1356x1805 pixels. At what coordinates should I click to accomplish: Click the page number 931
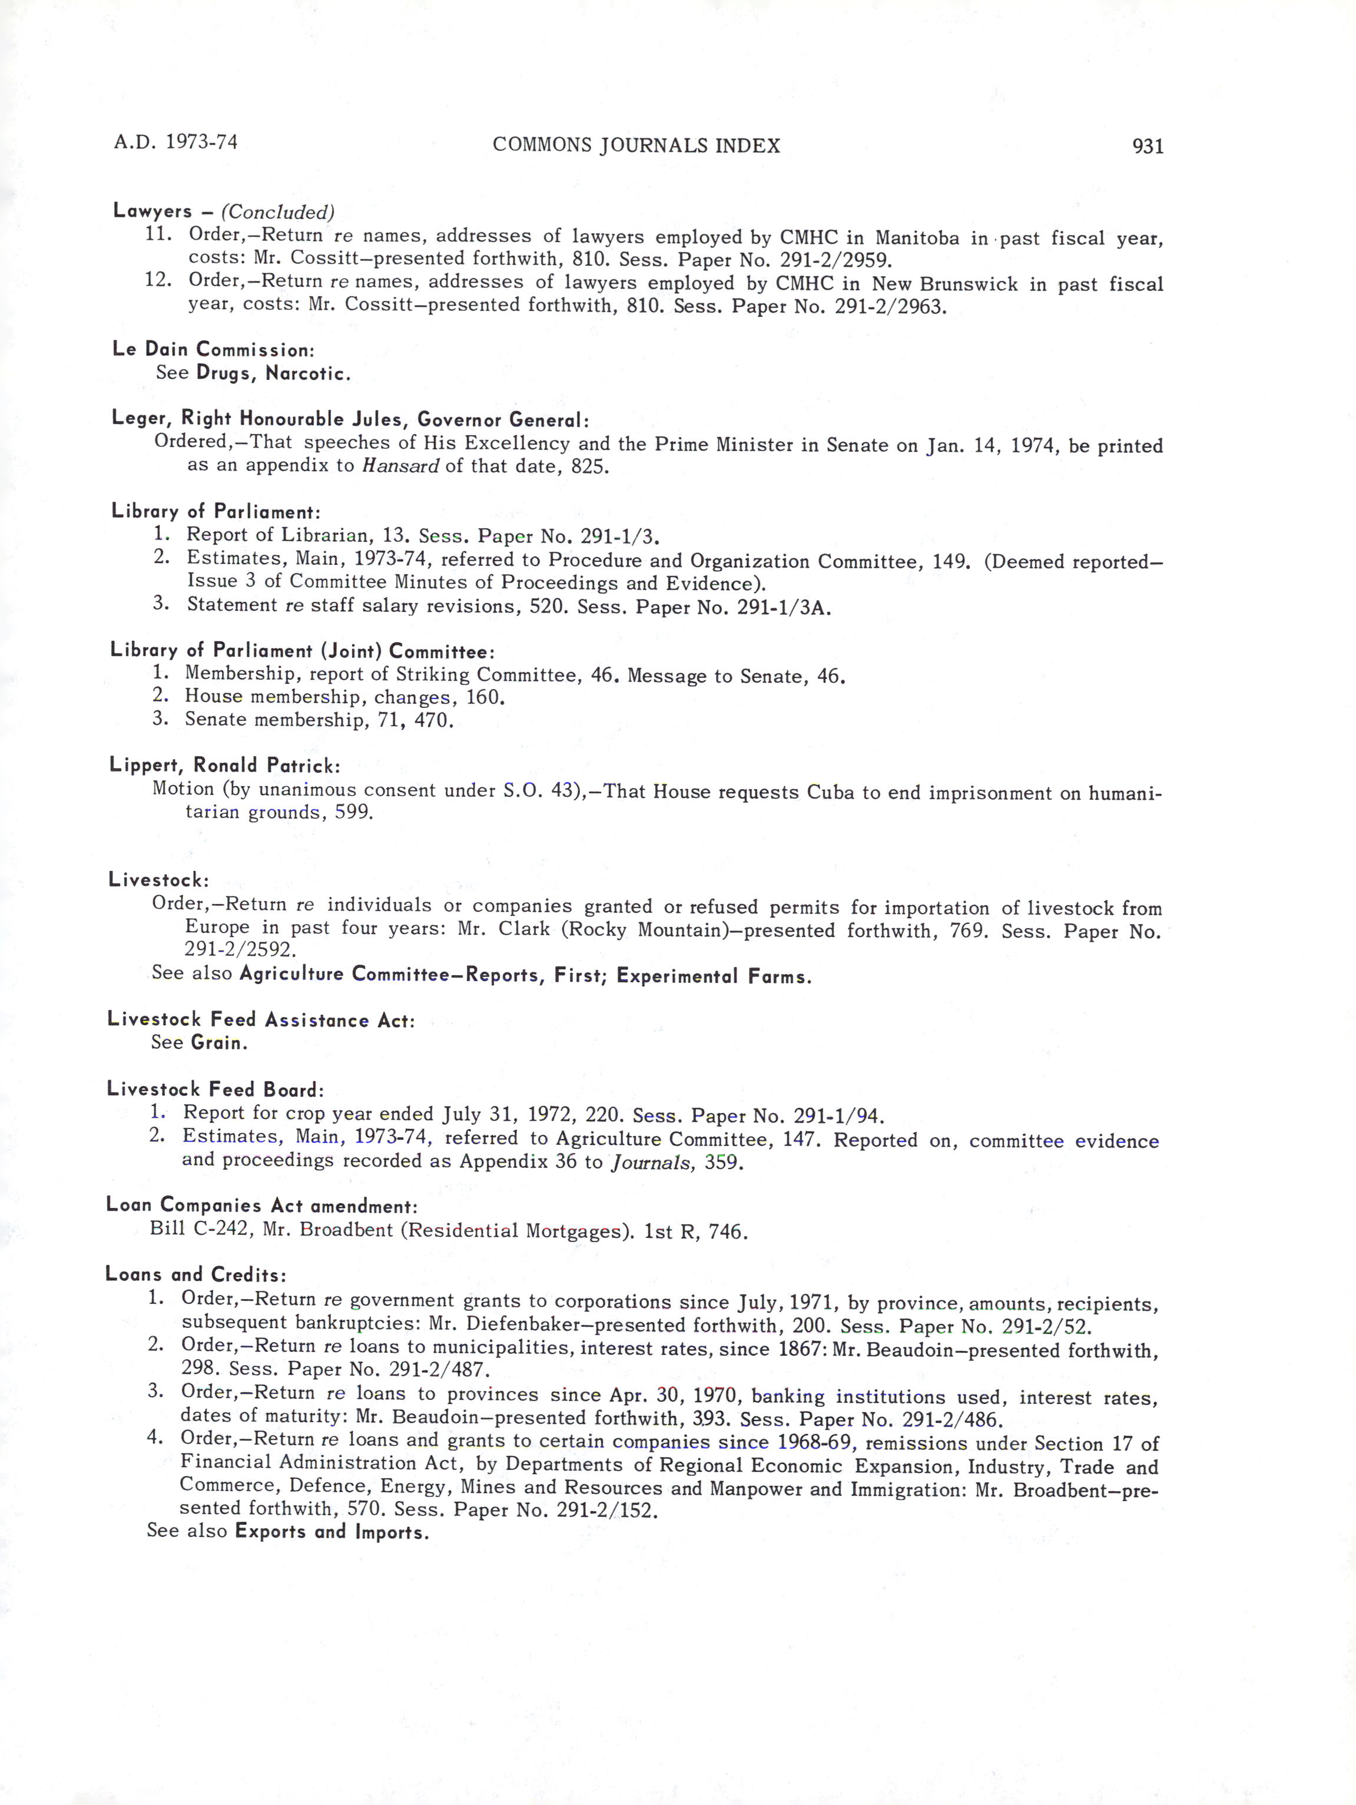1147,146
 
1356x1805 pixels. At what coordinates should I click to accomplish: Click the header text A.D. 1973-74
175,142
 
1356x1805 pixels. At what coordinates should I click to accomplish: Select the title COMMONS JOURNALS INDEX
636,145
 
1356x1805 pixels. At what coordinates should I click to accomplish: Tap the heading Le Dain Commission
213,349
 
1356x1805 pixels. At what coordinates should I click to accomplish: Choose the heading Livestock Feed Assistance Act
260,1019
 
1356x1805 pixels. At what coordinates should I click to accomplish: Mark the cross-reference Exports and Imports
331,1532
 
